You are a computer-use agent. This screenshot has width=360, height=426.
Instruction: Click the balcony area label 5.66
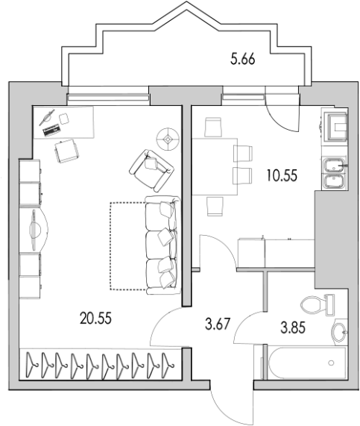[x=243, y=59]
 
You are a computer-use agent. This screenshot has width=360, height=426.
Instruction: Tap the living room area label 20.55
[x=95, y=318]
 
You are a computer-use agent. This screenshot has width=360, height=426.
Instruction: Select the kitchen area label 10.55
[x=282, y=175]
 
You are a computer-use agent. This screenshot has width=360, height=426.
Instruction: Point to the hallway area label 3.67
[x=218, y=325]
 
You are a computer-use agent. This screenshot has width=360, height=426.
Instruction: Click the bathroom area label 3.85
[x=293, y=328]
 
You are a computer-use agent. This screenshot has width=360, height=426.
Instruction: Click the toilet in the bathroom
[x=317, y=305]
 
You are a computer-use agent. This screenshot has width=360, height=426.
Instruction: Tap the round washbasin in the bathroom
[x=339, y=332]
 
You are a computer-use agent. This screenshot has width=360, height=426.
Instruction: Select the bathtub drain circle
[x=331, y=363]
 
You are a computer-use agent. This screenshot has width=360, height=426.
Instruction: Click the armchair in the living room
[x=151, y=170]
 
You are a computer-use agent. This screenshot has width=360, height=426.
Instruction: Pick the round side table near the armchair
[x=168, y=140]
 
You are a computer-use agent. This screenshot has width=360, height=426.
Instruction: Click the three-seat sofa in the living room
[x=162, y=245]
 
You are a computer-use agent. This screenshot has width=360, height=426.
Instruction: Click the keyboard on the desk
[x=51, y=130]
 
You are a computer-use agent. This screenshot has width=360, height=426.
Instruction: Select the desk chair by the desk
[x=67, y=151]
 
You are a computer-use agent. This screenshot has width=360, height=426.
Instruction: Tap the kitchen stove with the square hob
[x=335, y=127]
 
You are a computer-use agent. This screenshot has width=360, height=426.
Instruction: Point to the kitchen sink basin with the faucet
[x=335, y=165]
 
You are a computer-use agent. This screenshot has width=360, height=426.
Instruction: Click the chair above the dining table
[x=213, y=127]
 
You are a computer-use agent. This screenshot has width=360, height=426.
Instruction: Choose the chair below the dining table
[x=215, y=207]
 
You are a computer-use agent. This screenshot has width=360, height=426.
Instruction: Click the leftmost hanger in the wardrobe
[x=33, y=365]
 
